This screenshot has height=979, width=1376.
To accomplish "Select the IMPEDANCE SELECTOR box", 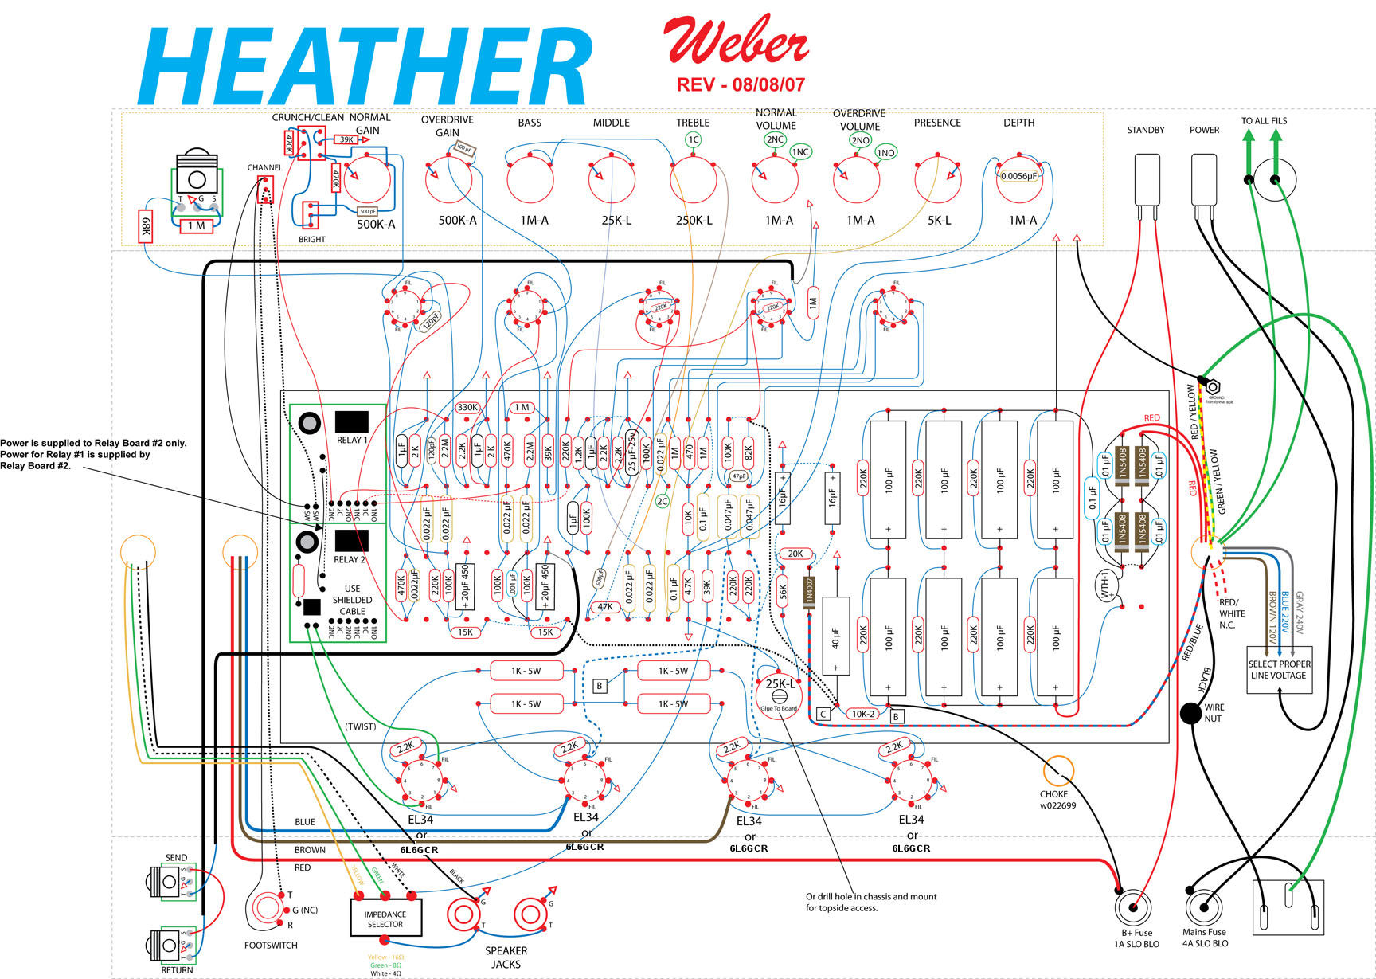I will coord(386,918).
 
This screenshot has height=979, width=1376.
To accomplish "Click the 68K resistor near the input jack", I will coord(146,227).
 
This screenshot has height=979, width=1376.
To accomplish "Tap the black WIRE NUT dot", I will coord(1190,713).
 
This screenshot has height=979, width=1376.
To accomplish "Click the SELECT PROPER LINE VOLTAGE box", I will coord(1279,670).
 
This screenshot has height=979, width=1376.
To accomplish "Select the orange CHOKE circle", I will coord(1058,771).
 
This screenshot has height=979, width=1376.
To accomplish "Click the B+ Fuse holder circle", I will coord(1133,907).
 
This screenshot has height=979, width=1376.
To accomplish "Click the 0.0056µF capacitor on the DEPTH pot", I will coord(1019,176).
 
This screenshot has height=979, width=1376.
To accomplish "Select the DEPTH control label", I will coord(1018,123).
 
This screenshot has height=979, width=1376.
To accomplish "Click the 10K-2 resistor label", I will coord(863,714).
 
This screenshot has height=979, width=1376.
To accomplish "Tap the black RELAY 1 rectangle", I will coord(352,421).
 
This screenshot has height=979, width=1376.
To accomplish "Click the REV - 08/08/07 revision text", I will coord(741,84).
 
